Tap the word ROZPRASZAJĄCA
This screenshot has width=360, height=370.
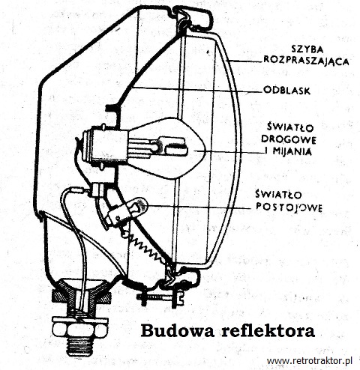point(307,61)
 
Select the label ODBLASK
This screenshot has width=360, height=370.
point(287,91)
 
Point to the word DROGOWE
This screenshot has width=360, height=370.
point(289,140)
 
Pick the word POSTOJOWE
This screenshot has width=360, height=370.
point(289,207)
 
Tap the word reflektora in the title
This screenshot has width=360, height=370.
point(268,331)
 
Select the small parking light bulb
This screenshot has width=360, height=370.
point(139,205)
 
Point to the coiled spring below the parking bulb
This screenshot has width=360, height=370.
point(148,249)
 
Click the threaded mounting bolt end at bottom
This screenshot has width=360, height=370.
point(79,346)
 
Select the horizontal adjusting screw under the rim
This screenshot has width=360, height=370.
point(160,297)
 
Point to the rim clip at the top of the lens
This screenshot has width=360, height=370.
point(193,17)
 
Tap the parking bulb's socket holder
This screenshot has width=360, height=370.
point(118,215)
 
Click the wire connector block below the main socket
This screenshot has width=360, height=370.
point(98,189)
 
